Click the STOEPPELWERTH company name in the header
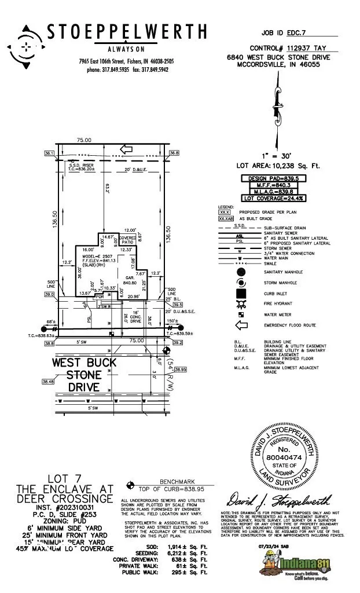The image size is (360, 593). (126, 33)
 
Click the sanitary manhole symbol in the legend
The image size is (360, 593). (241, 272)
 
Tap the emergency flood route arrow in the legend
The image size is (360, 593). (241, 325)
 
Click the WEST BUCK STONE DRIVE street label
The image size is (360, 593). (93, 374)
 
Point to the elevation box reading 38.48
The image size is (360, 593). (48, 381)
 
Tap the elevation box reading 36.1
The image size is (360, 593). (49, 153)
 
